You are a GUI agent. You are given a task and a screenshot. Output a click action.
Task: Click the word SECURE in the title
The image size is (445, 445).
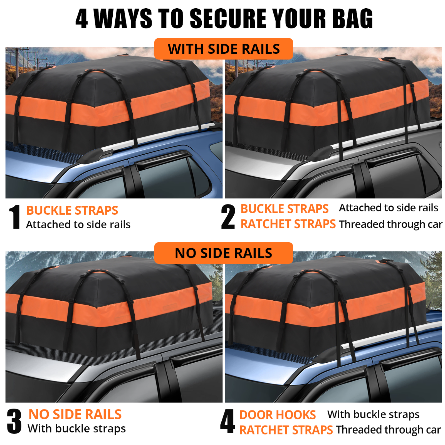[228, 19]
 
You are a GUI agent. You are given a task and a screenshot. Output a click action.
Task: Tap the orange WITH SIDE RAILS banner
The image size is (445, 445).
[223, 49]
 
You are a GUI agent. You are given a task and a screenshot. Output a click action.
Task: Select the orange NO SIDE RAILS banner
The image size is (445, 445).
[223, 253]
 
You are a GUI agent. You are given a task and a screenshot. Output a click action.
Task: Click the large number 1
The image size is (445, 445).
[15, 217]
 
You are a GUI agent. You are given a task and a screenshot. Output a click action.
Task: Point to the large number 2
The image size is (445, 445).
[228, 217]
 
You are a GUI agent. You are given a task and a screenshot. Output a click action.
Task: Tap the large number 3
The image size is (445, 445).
[14, 421]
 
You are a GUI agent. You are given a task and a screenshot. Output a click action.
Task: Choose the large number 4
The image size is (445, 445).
[228, 421]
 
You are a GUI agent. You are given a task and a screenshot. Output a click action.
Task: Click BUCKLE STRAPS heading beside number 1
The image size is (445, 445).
[72, 210]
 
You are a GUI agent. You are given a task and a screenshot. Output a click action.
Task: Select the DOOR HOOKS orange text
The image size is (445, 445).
[277, 415]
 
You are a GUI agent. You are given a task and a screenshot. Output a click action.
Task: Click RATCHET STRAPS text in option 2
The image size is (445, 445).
[288, 224]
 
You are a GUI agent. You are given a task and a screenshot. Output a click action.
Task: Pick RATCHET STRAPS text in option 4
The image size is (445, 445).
[286, 430]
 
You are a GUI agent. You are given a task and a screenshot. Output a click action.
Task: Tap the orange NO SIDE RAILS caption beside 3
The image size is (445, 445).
[75, 414]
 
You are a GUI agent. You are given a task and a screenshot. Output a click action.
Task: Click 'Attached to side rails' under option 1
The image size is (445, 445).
[78, 224]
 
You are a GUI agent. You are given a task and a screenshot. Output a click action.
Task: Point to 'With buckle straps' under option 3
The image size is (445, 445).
[76, 429]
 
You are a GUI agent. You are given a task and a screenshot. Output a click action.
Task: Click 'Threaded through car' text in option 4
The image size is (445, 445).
[388, 430]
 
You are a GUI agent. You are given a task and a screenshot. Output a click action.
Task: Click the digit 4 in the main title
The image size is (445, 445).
[81, 19]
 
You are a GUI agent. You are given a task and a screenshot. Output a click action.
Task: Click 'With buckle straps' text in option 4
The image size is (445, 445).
[373, 414]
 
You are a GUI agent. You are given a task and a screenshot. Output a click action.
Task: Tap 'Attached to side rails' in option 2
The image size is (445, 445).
[388, 208]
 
